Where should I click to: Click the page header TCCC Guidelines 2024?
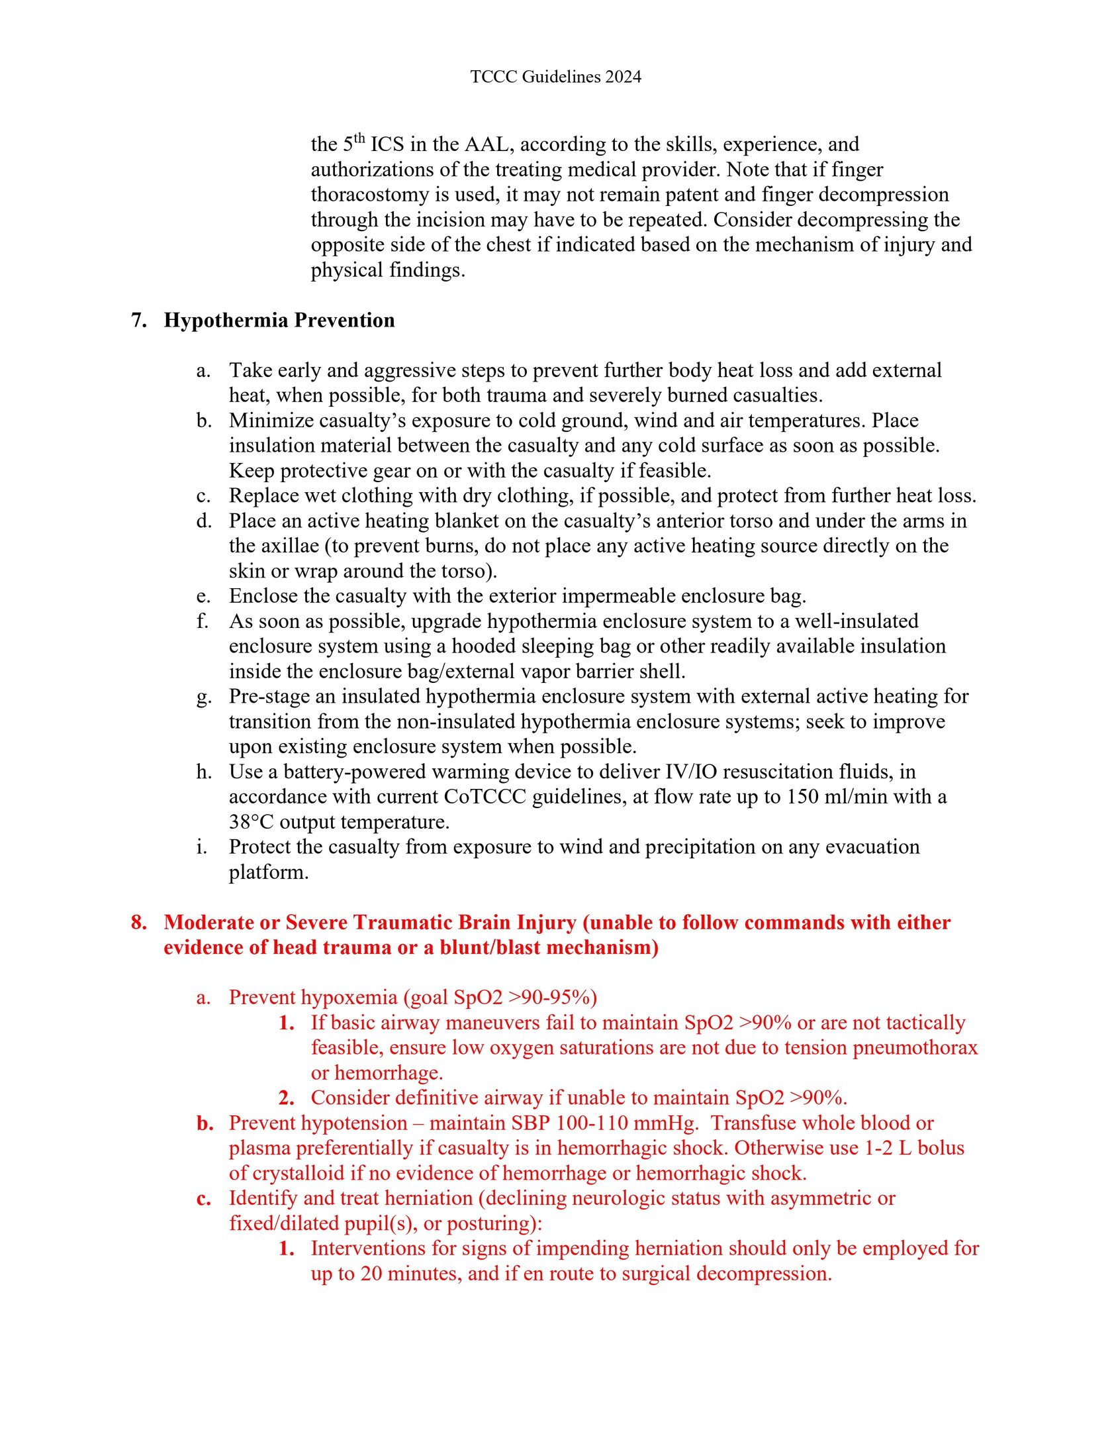coord(555,77)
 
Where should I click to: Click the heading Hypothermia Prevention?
coord(279,320)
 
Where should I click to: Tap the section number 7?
coord(138,320)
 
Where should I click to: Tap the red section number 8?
coord(138,922)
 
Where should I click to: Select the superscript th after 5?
coord(359,138)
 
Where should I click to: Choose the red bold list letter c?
coord(204,1198)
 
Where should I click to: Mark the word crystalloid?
coord(299,1173)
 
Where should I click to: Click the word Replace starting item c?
coord(261,495)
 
